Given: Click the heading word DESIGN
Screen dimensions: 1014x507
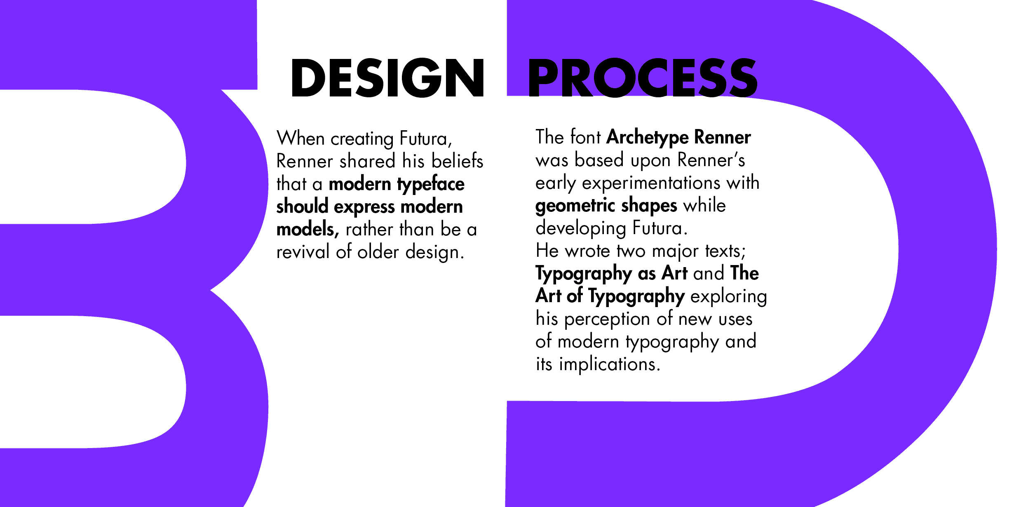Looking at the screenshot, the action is click(x=387, y=77).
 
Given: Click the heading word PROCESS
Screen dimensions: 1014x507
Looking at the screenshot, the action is click(x=643, y=77).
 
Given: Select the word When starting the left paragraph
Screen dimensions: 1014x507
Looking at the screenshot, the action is click(x=301, y=138).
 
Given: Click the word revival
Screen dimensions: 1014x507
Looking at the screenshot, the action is click(x=303, y=251).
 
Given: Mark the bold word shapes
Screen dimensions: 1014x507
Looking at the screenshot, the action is click(x=649, y=206).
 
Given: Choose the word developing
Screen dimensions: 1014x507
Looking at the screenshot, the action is click(x=581, y=229).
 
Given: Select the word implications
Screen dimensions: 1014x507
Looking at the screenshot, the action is click(x=609, y=365).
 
